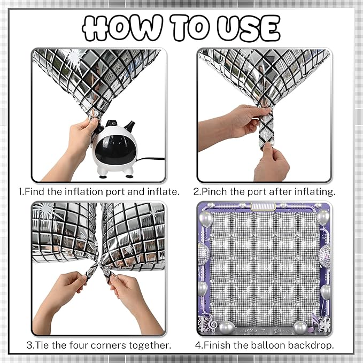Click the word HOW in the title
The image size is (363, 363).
[122, 28]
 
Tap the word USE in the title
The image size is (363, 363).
[249, 28]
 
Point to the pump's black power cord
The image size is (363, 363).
[150, 159]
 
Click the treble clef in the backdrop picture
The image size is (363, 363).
[213, 323]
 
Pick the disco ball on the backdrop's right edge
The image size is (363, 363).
[325, 254]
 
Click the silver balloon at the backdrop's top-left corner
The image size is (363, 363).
[206, 219]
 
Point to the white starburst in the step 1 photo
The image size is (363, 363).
[74, 56]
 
